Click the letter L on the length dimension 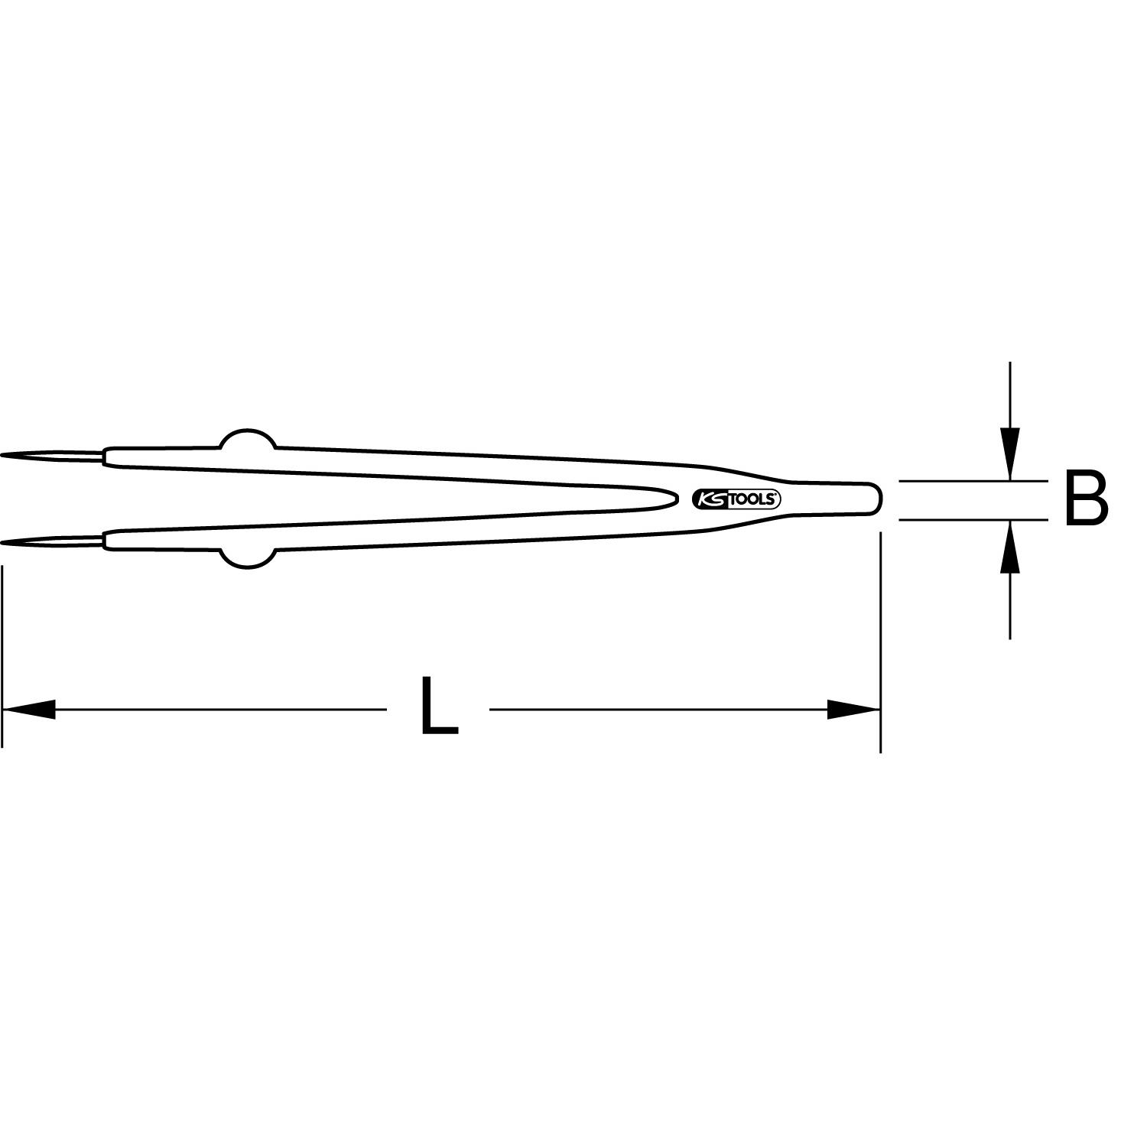pyautogui.click(x=438, y=707)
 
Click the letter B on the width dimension pyautogui.click(x=1086, y=499)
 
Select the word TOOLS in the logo pyautogui.click(x=752, y=499)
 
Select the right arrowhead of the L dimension pyautogui.click(x=853, y=709)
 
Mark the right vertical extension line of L pyautogui.click(x=881, y=642)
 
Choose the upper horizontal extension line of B pyautogui.click(x=971, y=481)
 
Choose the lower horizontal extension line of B pyautogui.click(x=971, y=519)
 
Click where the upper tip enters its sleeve pyautogui.click(x=104, y=457)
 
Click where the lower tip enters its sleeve pyautogui.click(x=104, y=541)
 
